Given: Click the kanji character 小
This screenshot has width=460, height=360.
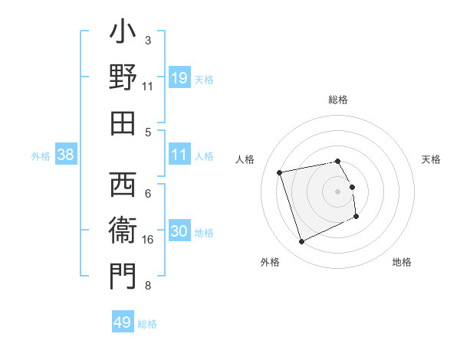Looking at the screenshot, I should (123, 34).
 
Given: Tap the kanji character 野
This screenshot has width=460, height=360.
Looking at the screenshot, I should (123, 79).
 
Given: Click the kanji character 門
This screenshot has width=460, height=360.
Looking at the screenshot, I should (123, 277).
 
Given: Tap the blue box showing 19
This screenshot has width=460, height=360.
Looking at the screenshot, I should (179, 78).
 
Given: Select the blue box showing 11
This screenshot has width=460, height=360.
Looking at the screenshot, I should (179, 155).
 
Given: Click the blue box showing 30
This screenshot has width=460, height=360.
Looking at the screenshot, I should (179, 231).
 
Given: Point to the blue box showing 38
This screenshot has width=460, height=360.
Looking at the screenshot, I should (66, 155).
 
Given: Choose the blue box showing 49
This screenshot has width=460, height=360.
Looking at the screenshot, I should (123, 322).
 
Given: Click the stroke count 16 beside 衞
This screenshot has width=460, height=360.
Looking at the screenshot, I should (148, 240).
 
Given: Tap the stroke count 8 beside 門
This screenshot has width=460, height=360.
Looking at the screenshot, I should (148, 286).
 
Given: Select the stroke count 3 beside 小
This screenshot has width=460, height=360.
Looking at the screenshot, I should (148, 40).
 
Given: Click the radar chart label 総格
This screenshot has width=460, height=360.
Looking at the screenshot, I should (338, 100).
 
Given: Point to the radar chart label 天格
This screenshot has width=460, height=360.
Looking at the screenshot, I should (431, 159).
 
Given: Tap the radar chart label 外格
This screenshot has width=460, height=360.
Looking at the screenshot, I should (270, 262).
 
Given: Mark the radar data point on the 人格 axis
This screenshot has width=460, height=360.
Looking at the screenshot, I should (280, 172).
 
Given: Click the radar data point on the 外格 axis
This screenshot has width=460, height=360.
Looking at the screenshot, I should (301, 242).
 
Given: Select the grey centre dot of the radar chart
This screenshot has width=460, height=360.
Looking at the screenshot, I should (338, 191).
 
